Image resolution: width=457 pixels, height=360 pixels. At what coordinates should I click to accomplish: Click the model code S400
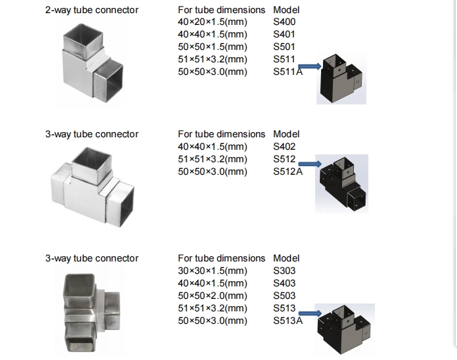coord(284,22)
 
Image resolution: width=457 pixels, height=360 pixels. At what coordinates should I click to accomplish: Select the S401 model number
coord(284,34)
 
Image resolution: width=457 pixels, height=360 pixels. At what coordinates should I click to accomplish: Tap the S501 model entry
coord(284,47)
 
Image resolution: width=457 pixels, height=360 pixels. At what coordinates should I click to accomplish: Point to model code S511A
coord(288,72)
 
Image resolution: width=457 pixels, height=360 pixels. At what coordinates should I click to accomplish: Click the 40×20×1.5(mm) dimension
coord(213,22)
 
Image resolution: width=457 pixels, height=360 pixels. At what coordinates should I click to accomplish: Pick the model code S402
coord(284,146)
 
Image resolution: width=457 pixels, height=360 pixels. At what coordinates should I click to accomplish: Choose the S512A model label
coord(288,171)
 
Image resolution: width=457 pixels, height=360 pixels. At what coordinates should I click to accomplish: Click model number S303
coord(284,271)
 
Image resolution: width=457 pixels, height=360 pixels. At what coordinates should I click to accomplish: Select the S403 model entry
coord(284,283)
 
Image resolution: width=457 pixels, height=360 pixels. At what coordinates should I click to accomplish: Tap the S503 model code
coord(284,296)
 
